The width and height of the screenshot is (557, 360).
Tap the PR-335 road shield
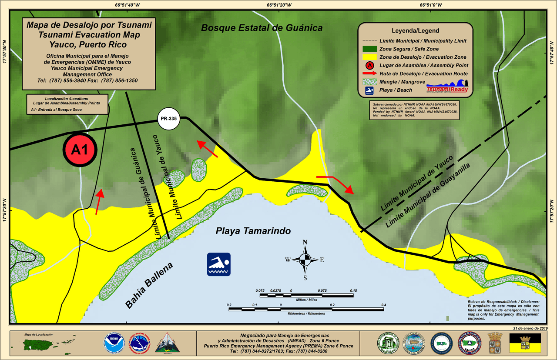click(169, 119)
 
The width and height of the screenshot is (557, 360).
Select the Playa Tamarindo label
click(253, 231)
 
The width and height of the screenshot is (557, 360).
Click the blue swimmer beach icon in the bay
click(218, 264)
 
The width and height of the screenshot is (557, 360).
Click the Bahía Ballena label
click(149, 286)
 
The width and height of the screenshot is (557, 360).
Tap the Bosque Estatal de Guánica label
click(262, 28)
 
